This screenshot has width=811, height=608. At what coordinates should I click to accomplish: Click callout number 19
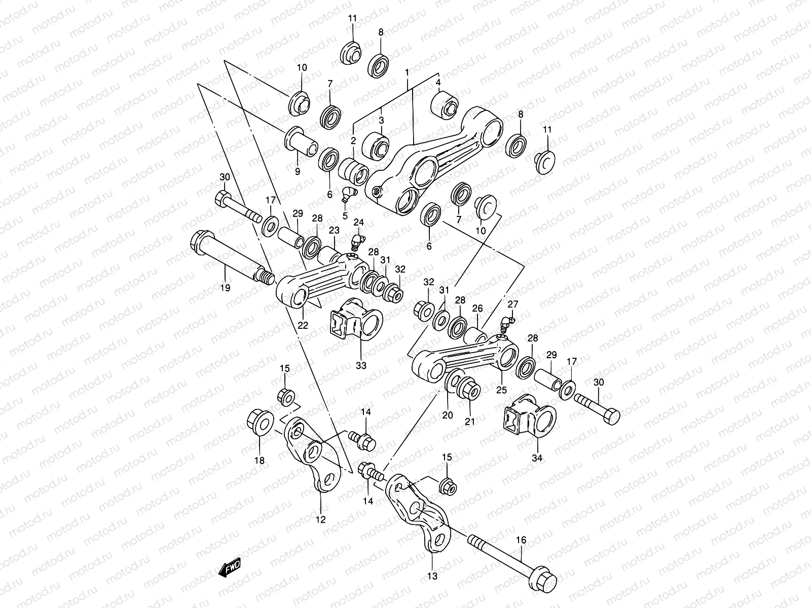pos(225,288)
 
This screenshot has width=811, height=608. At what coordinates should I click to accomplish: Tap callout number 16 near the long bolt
pos(521,540)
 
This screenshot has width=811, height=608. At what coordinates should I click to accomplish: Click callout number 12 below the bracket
pos(321,519)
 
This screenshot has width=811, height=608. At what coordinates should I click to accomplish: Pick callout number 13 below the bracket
pos(432,576)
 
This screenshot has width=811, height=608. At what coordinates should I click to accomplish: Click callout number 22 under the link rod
pos(303,325)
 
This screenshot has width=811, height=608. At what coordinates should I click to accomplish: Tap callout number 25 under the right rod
pos(501,390)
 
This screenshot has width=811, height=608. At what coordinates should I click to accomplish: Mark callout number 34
pos(537,458)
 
